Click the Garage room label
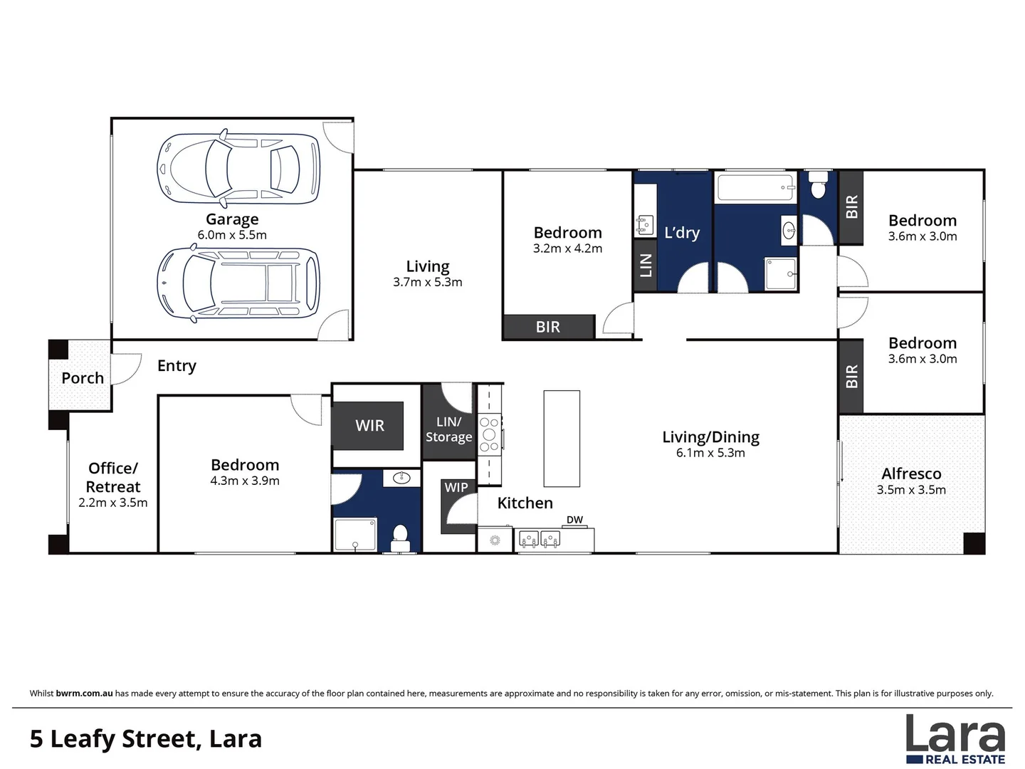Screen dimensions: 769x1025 click(232, 219)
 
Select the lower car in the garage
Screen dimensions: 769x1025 click(238, 283)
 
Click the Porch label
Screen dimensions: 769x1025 click(83, 378)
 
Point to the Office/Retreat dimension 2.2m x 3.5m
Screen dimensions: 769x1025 click(113, 503)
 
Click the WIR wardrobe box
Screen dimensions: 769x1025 click(369, 426)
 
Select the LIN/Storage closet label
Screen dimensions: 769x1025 click(448, 429)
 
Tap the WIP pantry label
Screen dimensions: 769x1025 click(456, 488)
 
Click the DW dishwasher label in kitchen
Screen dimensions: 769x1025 click(574, 520)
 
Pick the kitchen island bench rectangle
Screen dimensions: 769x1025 click(562, 438)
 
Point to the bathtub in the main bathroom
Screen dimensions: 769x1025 click(755, 188)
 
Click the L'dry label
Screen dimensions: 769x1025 click(682, 233)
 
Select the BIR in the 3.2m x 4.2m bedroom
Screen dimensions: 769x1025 click(548, 327)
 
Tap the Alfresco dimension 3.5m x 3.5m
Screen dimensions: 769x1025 click(911, 490)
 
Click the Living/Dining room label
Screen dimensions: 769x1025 click(710, 437)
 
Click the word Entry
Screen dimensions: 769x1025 click(177, 366)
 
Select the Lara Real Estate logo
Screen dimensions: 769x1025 click(955, 739)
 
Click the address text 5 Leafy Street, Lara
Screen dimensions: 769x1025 click(146, 739)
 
